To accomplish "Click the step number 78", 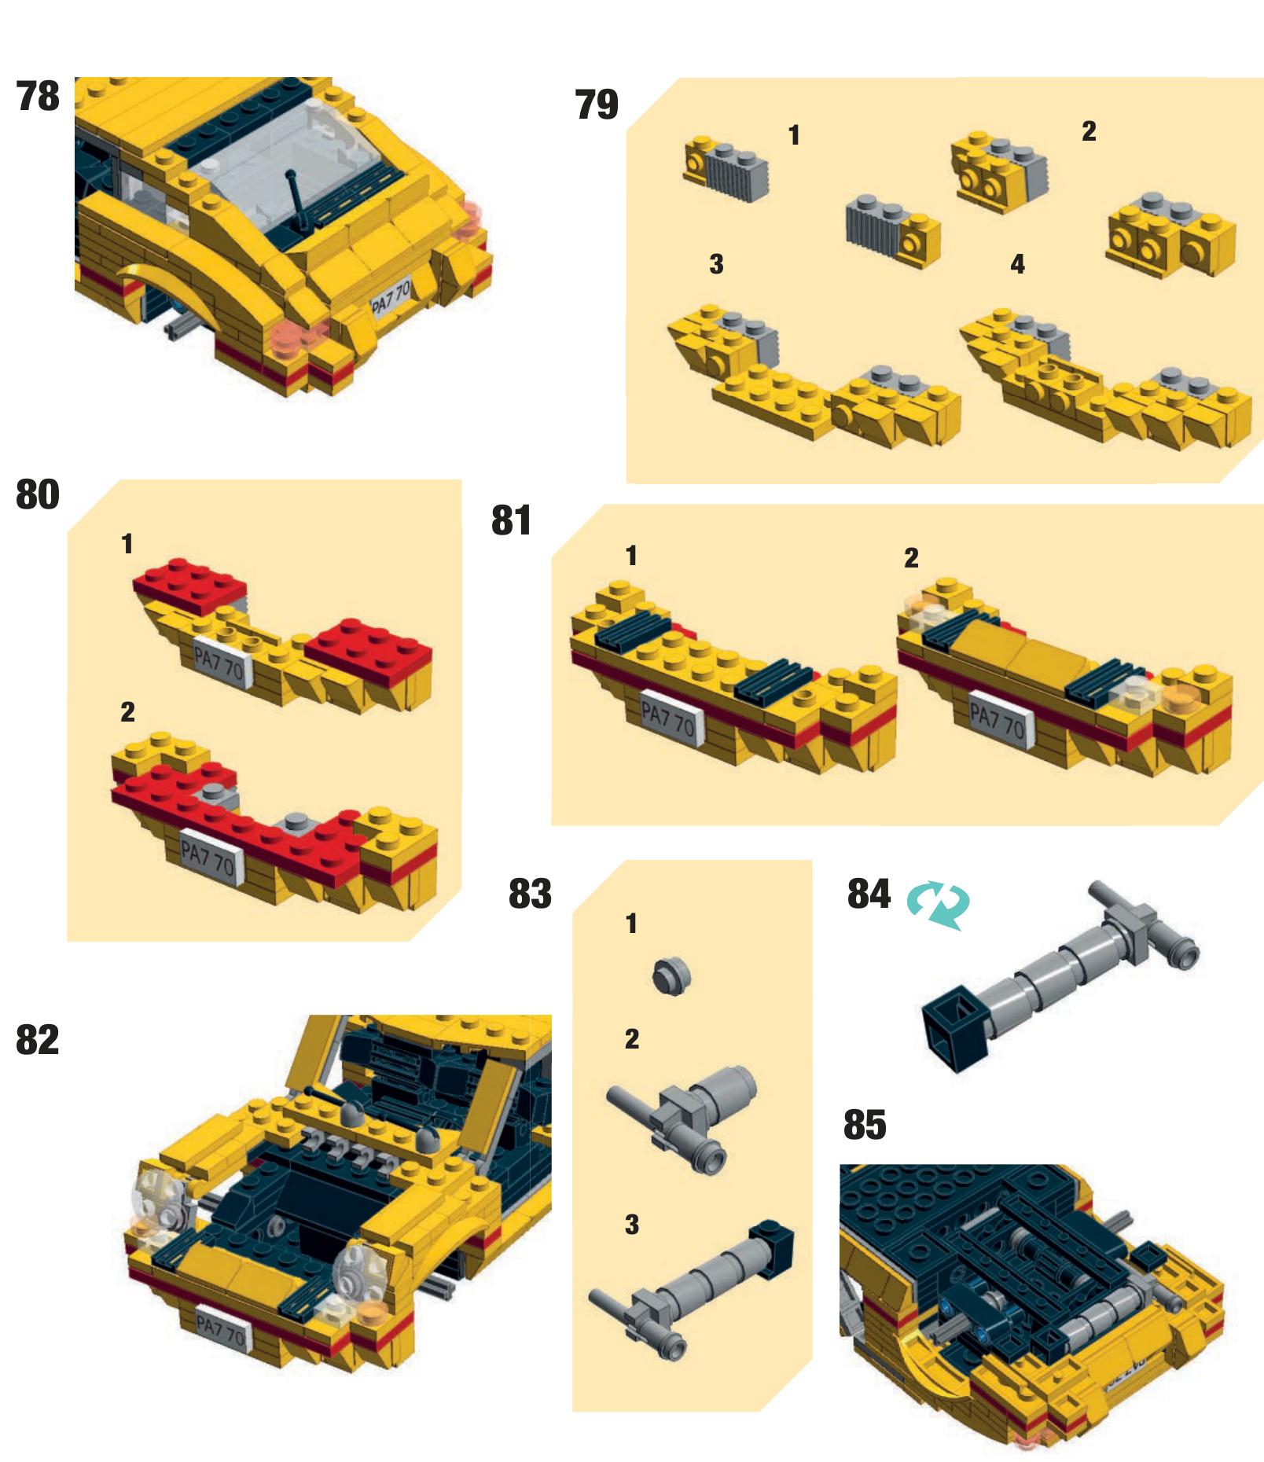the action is (x=38, y=97).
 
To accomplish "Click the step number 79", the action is (x=597, y=105).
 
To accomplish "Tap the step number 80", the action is (x=38, y=494).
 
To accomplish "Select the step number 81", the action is (x=512, y=520).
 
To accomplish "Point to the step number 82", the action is (x=38, y=1040).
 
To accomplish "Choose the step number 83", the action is (x=531, y=894).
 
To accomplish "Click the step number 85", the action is (x=865, y=1125).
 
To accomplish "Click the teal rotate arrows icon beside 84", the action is (x=939, y=905).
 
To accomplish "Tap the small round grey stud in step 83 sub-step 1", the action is (x=671, y=976).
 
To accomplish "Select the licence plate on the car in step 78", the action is (x=391, y=299).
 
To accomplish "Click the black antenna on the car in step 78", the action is (x=297, y=200).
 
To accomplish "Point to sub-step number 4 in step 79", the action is (x=1018, y=264).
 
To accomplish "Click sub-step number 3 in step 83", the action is (x=632, y=1224).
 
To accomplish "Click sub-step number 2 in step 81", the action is (x=911, y=558).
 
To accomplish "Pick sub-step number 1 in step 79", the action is (x=794, y=135).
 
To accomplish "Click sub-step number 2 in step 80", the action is (x=127, y=712).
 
